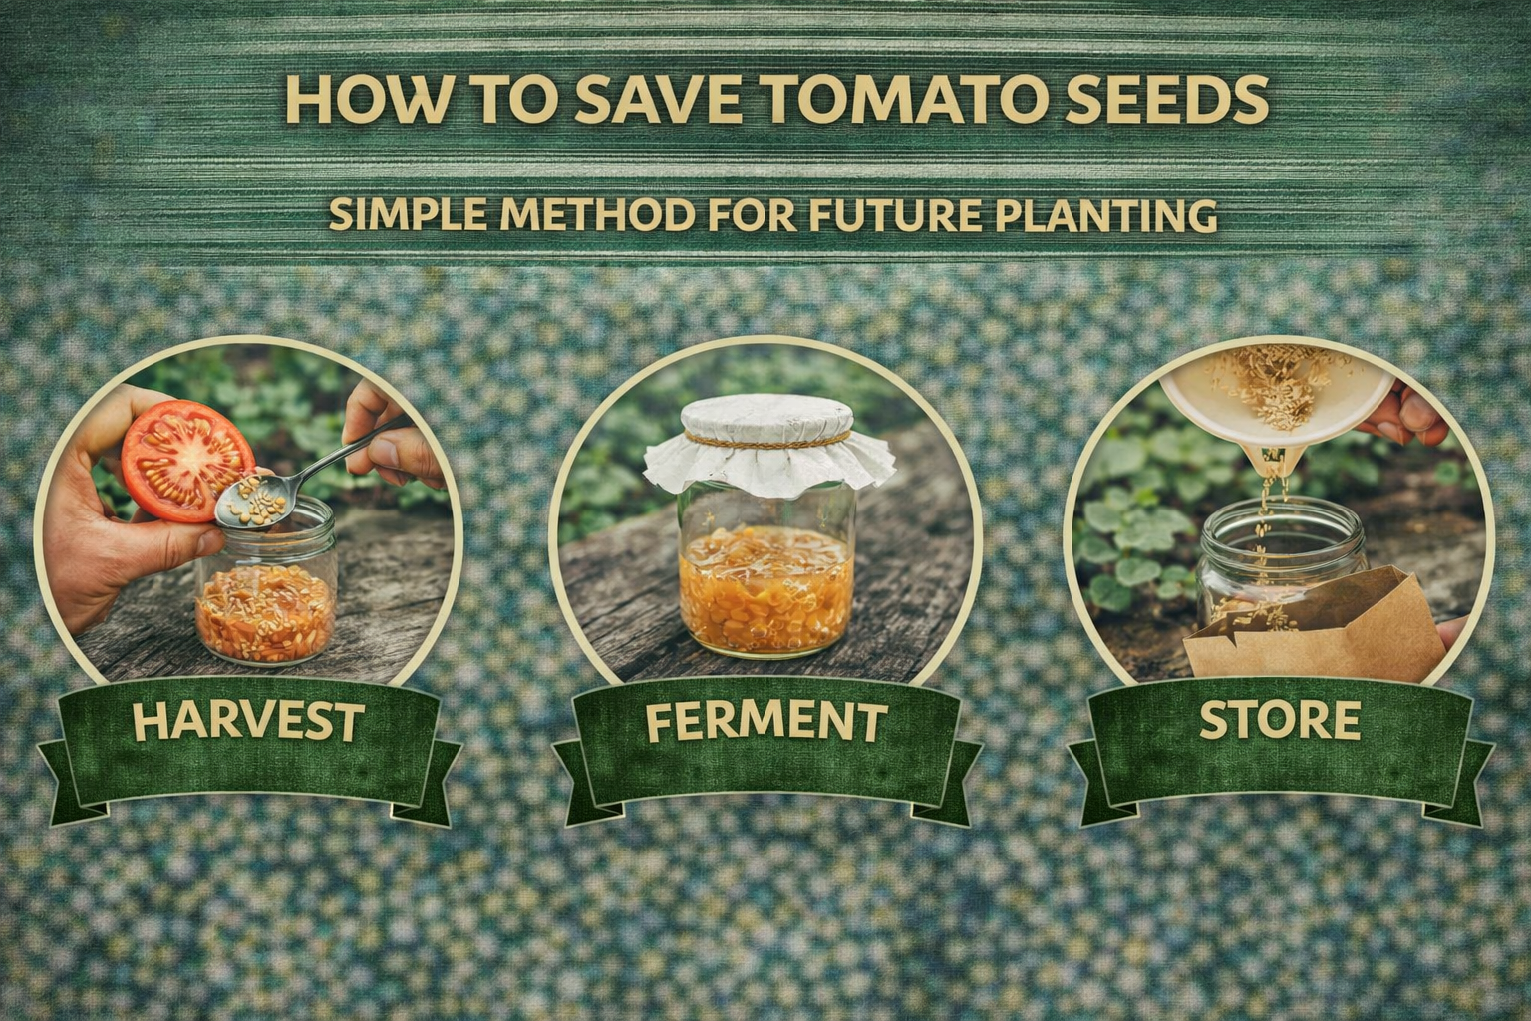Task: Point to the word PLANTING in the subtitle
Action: coord(1109,214)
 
